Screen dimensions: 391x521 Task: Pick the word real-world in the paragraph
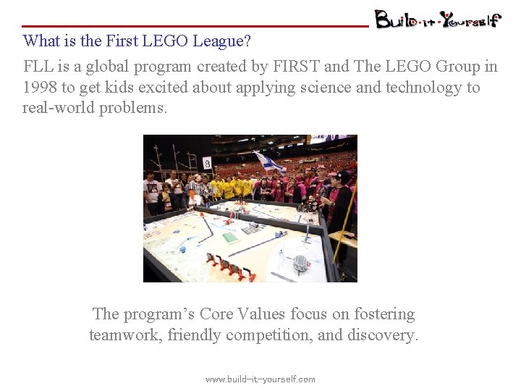tap(59, 109)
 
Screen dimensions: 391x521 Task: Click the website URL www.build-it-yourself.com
tap(260, 379)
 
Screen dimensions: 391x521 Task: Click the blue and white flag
tap(269, 162)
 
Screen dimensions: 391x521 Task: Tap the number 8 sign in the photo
tap(207, 163)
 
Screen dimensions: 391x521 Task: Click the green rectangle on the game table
tap(230, 237)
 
